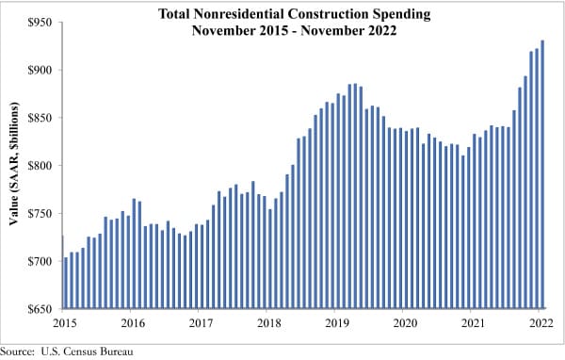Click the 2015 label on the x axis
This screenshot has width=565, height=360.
[x=63, y=323]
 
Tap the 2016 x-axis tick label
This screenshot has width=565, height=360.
[x=132, y=323]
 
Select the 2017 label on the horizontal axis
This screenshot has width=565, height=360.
[x=200, y=323]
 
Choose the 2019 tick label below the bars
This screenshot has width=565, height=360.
[x=336, y=323]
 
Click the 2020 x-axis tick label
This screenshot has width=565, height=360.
[x=404, y=323]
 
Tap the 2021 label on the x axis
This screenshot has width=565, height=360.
[x=472, y=323]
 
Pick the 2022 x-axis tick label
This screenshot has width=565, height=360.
[x=540, y=323]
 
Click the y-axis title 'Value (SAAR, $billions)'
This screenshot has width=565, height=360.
[x=15, y=166]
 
